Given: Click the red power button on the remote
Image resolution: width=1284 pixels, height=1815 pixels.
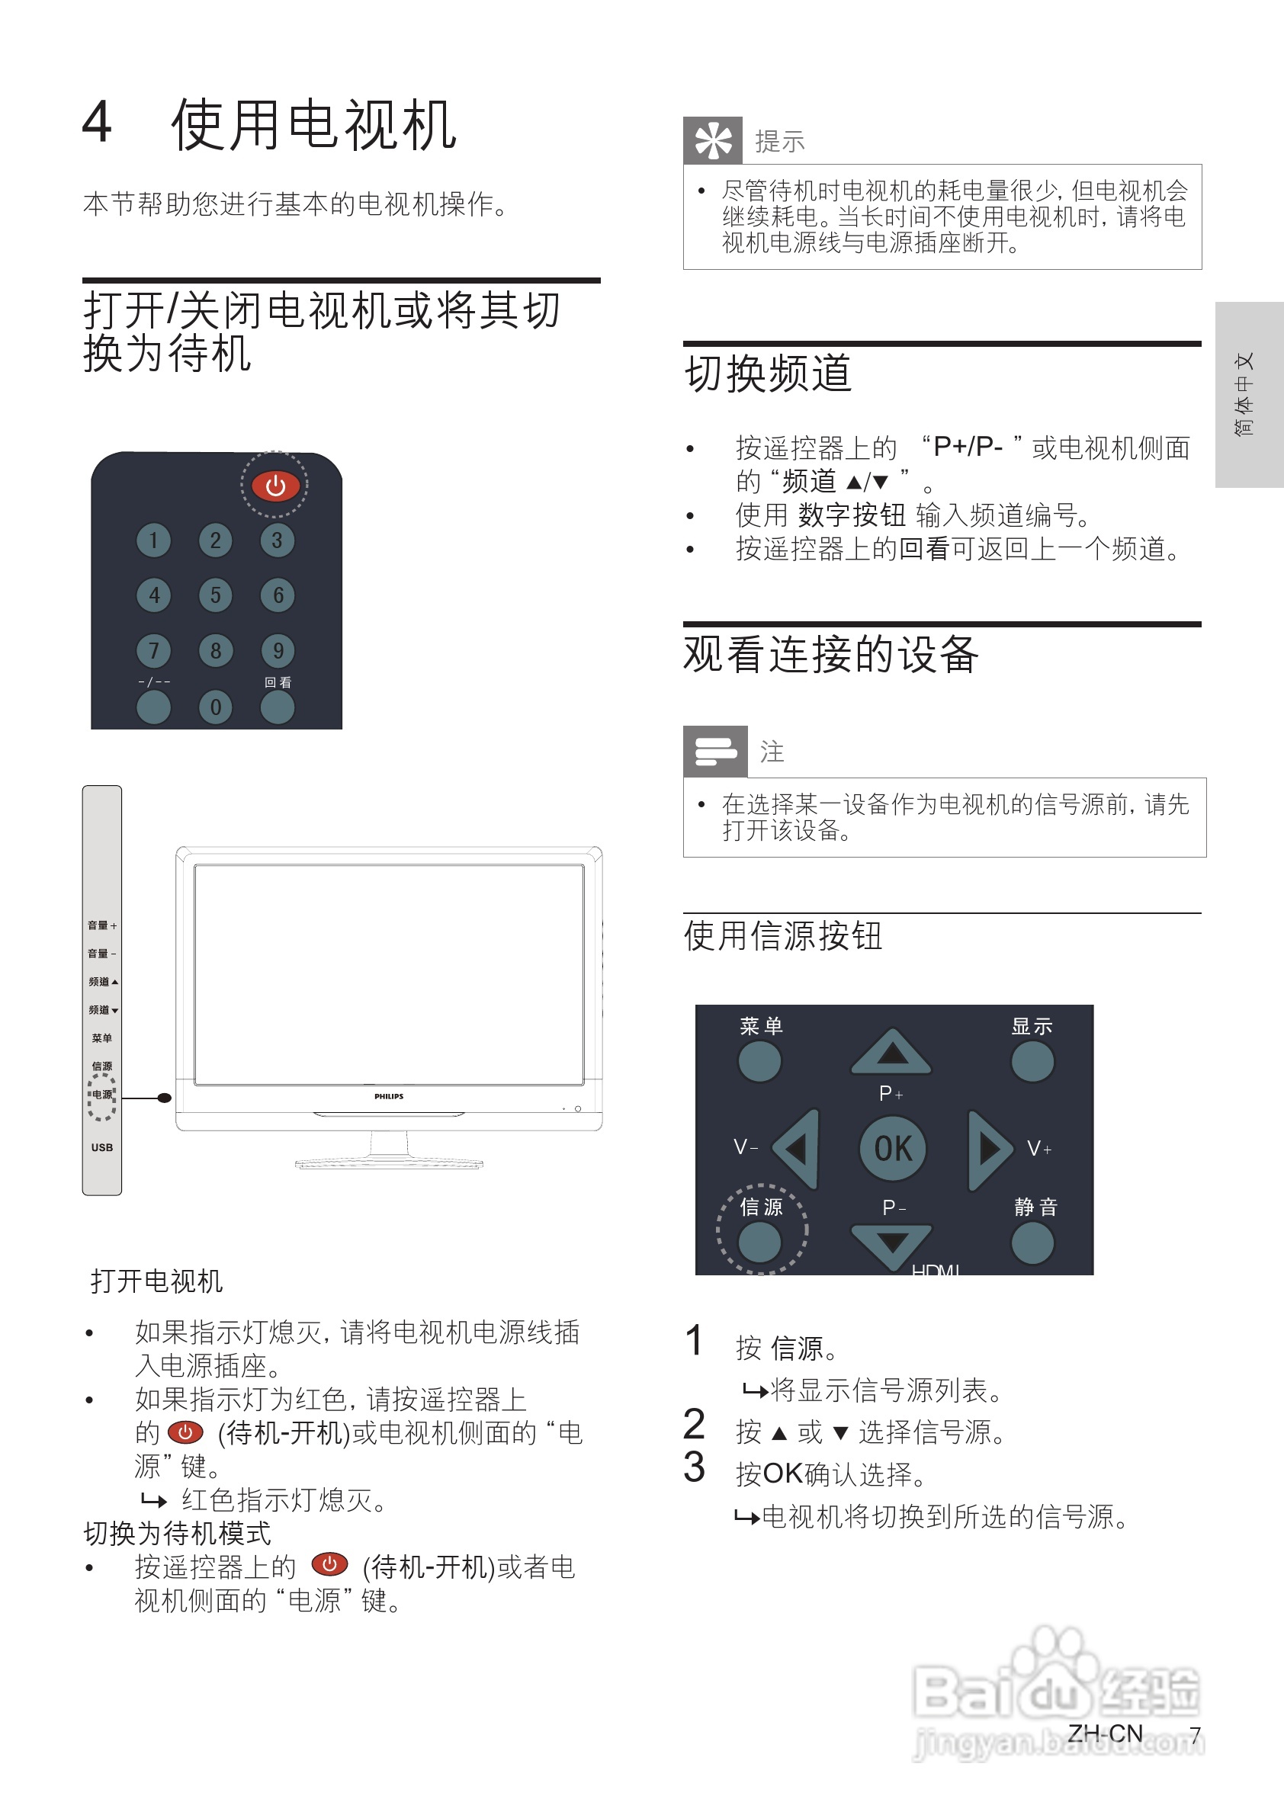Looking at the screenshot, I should point(275,486).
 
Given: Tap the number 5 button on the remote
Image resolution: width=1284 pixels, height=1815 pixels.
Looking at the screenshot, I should point(215,595).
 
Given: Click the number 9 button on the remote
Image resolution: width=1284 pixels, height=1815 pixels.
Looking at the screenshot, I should point(278,650).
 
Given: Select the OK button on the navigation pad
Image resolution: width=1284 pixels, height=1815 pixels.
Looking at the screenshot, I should point(893,1148).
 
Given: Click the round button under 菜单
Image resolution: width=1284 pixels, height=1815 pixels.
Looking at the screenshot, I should point(759,1061).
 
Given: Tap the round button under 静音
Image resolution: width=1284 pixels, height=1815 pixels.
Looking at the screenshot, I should point(1032,1243).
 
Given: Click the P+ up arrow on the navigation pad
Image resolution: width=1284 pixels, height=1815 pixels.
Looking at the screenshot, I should point(892,1053).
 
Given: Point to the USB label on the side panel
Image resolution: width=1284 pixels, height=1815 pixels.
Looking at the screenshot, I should point(102,1147).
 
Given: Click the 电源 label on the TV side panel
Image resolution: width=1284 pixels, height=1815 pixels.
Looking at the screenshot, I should point(102,1095).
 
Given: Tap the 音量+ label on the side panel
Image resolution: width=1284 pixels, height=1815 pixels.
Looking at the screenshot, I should point(102,925).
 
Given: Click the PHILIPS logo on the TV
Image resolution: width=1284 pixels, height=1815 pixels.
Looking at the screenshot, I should point(388,1096).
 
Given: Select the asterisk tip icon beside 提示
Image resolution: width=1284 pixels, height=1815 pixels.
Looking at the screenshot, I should point(712,141).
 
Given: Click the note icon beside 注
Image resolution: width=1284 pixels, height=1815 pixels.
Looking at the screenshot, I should point(714,751).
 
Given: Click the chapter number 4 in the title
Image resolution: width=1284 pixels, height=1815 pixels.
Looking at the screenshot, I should point(98,123).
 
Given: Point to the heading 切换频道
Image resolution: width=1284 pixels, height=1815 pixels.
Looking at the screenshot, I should point(768,373).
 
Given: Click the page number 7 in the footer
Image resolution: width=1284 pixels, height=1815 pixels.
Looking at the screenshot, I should point(1195,1734).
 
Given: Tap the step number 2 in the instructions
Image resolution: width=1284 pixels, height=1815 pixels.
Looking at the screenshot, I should point(694,1424).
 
